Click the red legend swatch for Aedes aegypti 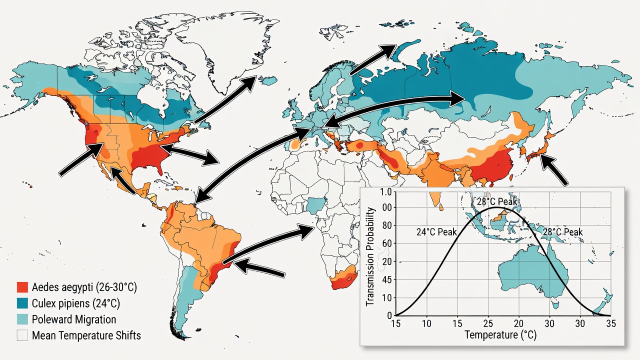22,287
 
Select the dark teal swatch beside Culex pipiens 22,303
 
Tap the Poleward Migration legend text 74,319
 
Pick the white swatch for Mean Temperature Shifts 22,335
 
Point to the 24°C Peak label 436,232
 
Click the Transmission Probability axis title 370,257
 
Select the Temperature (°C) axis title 500,334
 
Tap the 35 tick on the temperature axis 611,323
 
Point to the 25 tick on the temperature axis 488,323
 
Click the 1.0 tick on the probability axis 385,192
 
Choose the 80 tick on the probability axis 387,225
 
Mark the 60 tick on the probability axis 387,243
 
